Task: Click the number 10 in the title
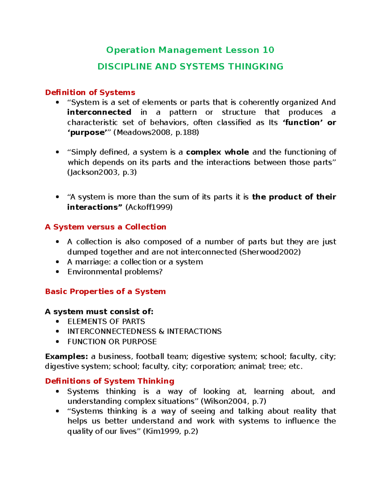coord(268,50)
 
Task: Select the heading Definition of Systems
coord(90,92)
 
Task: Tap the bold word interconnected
coord(99,112)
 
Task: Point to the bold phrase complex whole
coord(217,152)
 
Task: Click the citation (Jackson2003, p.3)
coord(102,172)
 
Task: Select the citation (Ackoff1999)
coord(149,207)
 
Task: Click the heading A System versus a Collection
coord(105,227)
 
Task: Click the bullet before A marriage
coord(57,262)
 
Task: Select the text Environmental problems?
coord(115,272)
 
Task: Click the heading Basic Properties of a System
coord(105,291)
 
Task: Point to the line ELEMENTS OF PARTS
coord(106,321)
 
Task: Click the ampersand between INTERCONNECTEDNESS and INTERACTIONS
coord(161,331)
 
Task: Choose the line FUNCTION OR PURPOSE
coord(112,342)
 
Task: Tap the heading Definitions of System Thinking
coord(110,381)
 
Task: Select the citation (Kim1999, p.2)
coord(170,431)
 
